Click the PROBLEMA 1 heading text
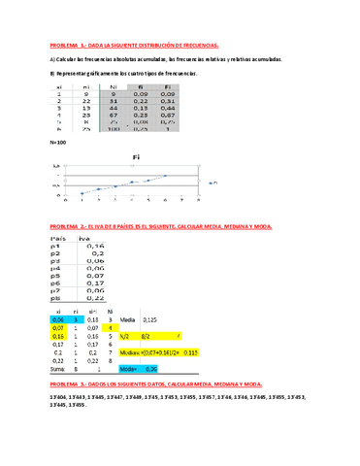click(135, 45)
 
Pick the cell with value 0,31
click(167, 100)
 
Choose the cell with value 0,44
click(167, 107)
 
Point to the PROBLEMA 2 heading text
click(161, 224)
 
